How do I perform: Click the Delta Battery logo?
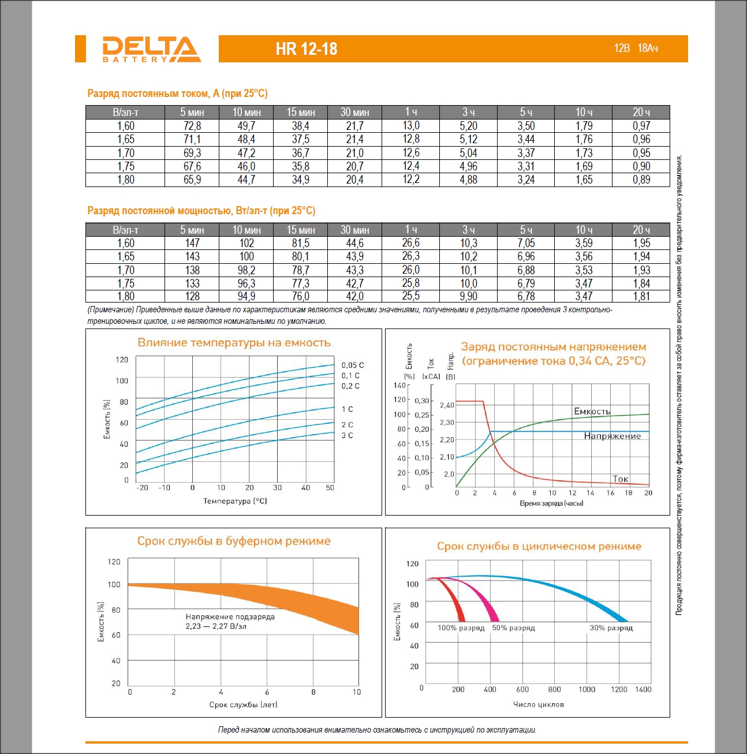point(151,49)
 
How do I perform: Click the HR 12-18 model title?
point(307,49)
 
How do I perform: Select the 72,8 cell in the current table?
point(192,126)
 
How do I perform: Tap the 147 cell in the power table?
point(192,243)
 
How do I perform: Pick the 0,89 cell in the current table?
point(641,180)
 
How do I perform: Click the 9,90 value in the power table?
point(468,296)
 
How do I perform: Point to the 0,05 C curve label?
point(352,365)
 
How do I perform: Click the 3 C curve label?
point(347,435)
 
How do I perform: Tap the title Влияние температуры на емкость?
point(234,342)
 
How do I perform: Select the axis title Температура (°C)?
point(235,501)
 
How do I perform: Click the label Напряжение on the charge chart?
point(612,436)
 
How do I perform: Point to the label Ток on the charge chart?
point(621,479)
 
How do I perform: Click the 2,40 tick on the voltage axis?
point(447,405)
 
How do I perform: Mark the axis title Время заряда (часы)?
point(551,503)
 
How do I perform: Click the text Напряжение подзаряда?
point(230,617)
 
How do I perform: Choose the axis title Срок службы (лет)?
point(243,704)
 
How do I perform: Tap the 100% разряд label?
point(461,628)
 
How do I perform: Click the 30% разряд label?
point(611,628)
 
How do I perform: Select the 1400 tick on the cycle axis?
point(643,689)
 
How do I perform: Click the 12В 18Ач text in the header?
point(636,48)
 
